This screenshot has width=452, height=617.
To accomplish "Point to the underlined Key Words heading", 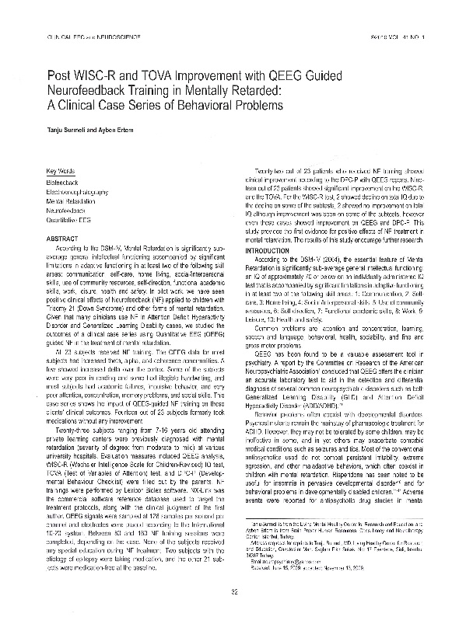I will click(x=61, y=171).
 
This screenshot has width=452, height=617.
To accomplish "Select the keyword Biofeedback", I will click(x=65, y=181).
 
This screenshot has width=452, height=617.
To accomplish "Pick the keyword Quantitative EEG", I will click(x=71, y=220).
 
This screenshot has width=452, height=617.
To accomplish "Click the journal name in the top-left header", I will click(x=86, y=37).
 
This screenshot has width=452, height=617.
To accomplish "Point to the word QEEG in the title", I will click(x=310, y=75).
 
